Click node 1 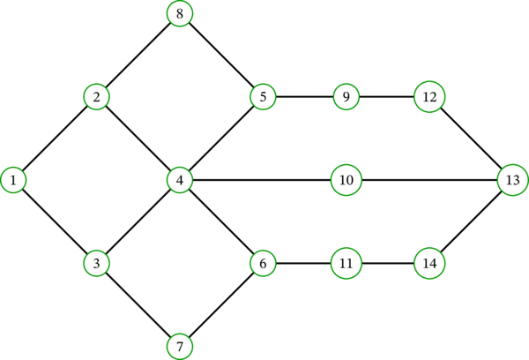13,180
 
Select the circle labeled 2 96,96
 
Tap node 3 96,263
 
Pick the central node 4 180,180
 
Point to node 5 263,96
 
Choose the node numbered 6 263,263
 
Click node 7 180,346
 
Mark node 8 180,13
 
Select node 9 346,96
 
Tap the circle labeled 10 346,180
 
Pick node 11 346,263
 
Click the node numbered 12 429,96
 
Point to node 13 512,180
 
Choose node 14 429,263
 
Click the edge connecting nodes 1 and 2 55,138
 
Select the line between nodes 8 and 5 221,55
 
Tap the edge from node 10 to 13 429,180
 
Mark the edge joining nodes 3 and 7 138,304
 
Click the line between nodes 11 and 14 388,263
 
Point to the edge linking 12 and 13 471,138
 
